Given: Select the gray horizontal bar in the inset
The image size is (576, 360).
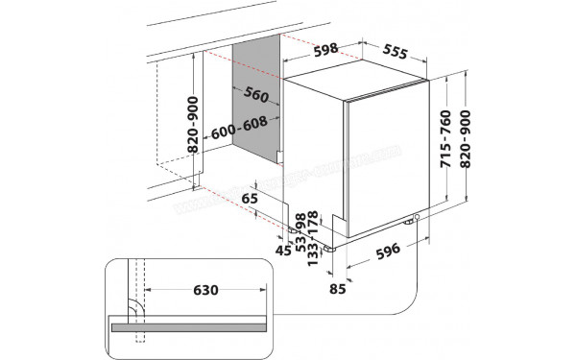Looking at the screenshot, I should pos(192,327).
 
